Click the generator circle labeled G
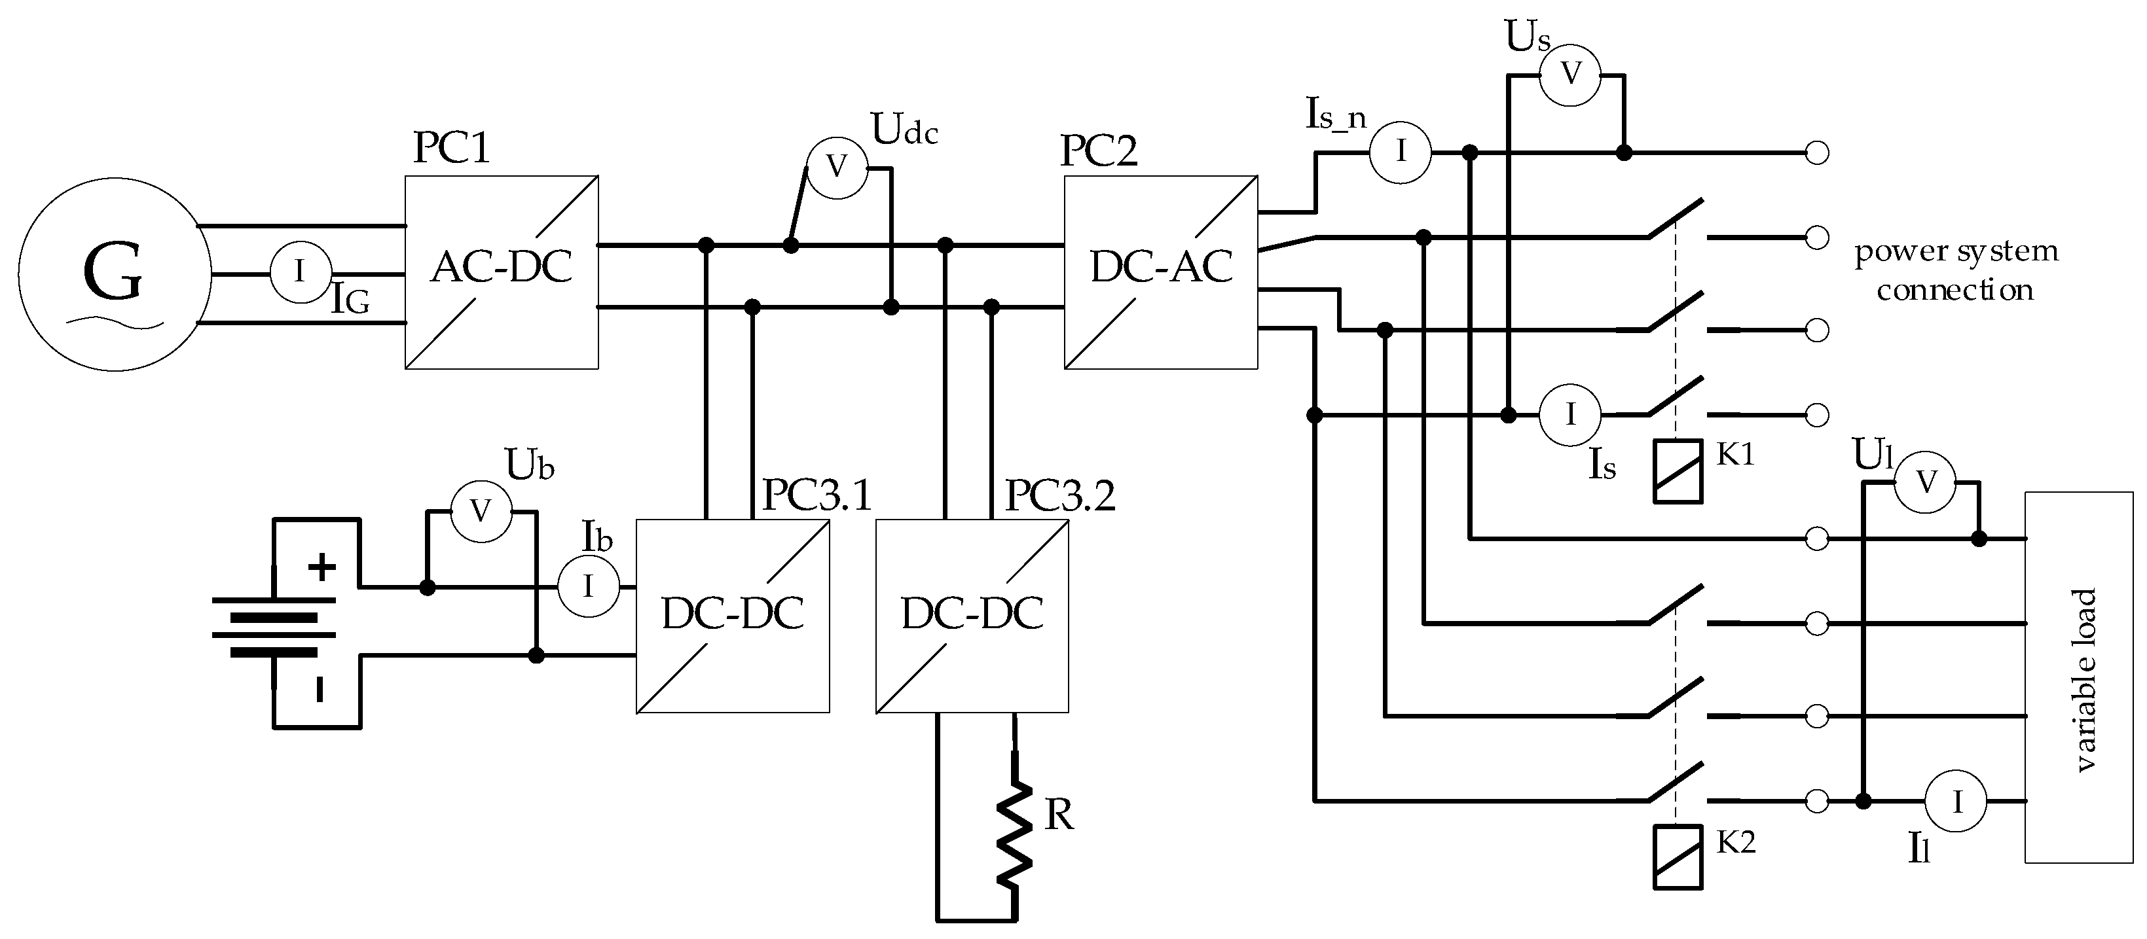(x=114, y=274)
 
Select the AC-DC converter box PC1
(x=501, y=272)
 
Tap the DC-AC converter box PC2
(x=1160, y=272)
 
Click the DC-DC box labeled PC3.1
(x=732, y=616)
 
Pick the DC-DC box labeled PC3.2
(x=972, y=616)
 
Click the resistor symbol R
(x=1014, y=835)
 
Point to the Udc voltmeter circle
(x=837, y=168)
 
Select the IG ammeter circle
(x=300, y=272)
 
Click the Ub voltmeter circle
(x=481, y=512)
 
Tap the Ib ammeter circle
(x=589, y=586)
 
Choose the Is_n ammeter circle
(x=1400, y=152)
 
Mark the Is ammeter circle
(x=1570, y=414)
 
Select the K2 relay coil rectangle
(x=1678, y=857)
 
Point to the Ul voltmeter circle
(x=1925, y=482)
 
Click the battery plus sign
(x=321, y=568)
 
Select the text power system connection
(x=1955, y=271)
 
